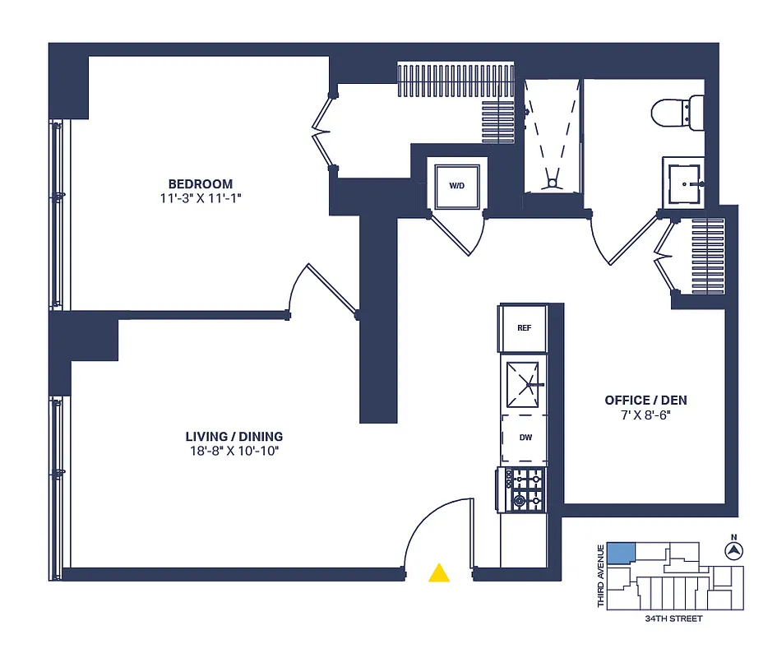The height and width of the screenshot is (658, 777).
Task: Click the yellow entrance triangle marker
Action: pos(440,572)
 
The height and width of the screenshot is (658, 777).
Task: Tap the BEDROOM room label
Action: pos(201,184)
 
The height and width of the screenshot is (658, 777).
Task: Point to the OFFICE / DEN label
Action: pos(645,401)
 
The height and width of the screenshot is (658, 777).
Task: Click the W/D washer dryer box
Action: pos(456,186)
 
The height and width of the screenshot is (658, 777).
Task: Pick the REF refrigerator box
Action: pos(524,328)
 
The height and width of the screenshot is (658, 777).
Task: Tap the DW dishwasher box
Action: pos(524,438)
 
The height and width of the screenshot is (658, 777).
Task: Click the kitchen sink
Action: pos(525,384)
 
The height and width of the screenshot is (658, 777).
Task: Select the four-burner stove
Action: pos(525,490)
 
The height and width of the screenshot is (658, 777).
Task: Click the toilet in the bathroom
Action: pos(680,113)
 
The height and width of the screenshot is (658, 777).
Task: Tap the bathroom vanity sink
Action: pos(684,182)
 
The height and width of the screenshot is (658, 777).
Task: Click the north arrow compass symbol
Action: pos(733,549)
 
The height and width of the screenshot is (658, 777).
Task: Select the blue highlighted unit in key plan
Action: pos(621,553)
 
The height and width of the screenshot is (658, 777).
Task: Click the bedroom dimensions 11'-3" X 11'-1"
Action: pos(201,198)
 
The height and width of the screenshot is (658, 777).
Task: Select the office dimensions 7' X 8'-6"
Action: pos(645,415)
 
